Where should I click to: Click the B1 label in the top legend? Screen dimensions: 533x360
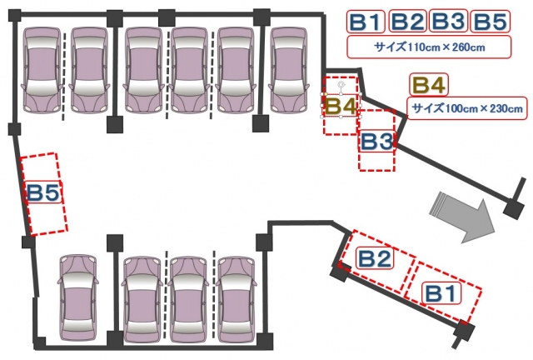pyautogui.click(x=366, y=22)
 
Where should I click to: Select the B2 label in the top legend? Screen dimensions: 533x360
pyautogui.click(x=407, y=21)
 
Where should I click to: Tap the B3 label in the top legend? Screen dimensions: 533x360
pyautogui.click(x=449, y=21)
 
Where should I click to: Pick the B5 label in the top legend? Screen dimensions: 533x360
pyautogui.click(x=491, y=22)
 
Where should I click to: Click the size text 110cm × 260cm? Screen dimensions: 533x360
pyautogui.click(x=430, y=47)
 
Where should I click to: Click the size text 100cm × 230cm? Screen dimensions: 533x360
pyautogui.click(x=467, y=108)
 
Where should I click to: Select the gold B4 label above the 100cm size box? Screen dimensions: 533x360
pyautogui.click(x=429, y=84)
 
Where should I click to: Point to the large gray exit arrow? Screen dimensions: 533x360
pyautogui.click(x=462, y=217)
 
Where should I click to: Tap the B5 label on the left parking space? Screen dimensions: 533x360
pyautogui.click(x=43, y=192)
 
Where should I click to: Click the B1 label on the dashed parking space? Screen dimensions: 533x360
pyautogui.click(x=441, y=293)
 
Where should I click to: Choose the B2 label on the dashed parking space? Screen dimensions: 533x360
pyautogui.click(x=375, y=258)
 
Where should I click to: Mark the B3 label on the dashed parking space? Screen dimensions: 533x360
pyautogui.click(x=376, y=141)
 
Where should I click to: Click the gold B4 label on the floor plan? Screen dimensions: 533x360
pyautogui.click(x=341, y=106)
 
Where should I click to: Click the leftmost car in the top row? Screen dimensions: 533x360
pyautogui.click(x=42, y=70)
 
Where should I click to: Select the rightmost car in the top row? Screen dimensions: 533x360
pyautogui.click(x=289, y=70)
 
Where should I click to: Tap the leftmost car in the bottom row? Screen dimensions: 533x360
pyautogui.click(x=77, y=298)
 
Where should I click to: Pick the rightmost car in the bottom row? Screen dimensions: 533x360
pyautogui.click(x=236, y=300)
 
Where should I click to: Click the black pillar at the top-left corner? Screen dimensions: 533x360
pyautogui.click(x=15, y=16)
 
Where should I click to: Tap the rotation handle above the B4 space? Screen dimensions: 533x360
pyautogui.click(x=341, y=83)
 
